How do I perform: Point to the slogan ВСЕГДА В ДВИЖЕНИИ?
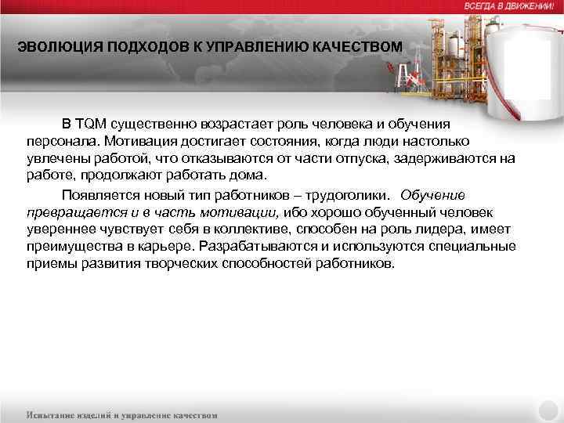pyautogui.click(x=509, y=5)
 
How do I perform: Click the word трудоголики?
pyautogui.click(x=354, y=194)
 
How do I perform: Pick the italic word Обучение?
pyautogui.click(x=432, y=194)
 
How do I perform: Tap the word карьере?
pyautogui.click(x=169, y=247)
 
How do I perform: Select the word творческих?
pyautogui.click(x=179, y=264)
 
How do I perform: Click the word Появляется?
pyautogui.click(x=96, y=194)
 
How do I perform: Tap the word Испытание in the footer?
pyautogui.click(x=53, y=414)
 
